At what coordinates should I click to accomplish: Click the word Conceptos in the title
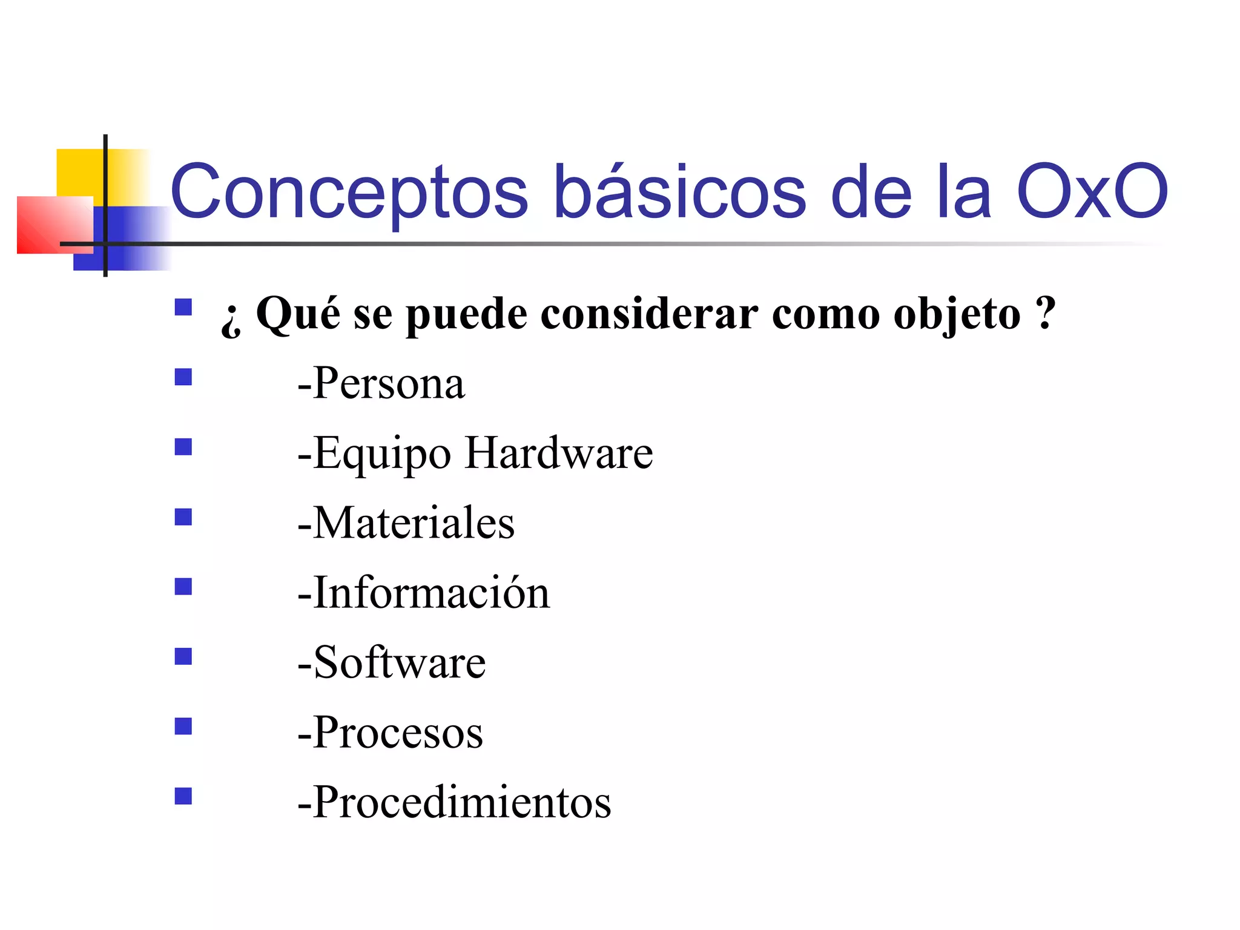pyautogui.click(x=349, y=192)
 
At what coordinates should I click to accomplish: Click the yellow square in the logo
pyautogui.click(x=80, y=172)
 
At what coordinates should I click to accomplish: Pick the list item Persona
pyautogui.click(x=381, y=383)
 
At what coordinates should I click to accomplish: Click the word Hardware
pyautogui.click(x=559, y=453)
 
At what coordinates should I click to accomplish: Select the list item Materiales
pyautogui.click(x=406, y=523)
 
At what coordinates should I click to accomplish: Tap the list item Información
pyautogui.click(x=424, y=593)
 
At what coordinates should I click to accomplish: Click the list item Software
pyautogui.click(x=392, y=662)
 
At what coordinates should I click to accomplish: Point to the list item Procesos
pyautogui.click(x=391, y=733)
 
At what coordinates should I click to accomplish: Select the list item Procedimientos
pyautogui.click(x=455, y=802)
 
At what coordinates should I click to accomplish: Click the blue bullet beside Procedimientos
pyautogui.click(x=183, y=796)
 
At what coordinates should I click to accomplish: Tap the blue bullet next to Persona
pyautogui.click(x=183, y=377)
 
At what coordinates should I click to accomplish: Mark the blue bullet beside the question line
pyautogui.click(x=183, y=308)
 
